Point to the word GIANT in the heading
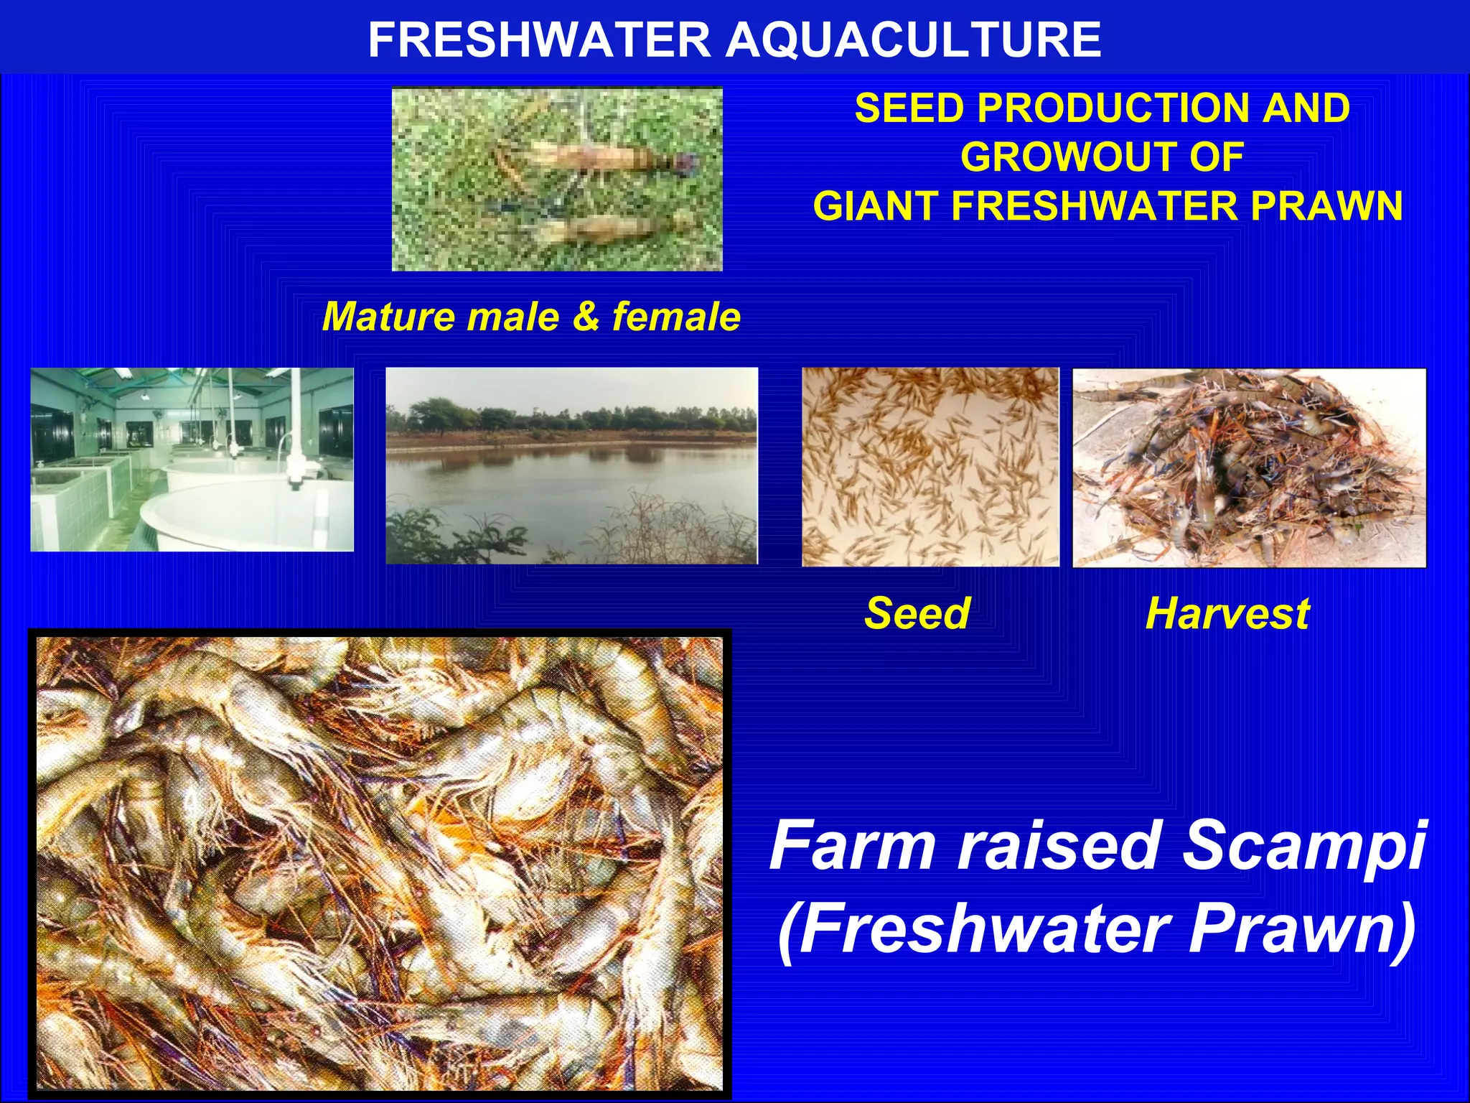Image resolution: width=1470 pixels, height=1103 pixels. [876, 206]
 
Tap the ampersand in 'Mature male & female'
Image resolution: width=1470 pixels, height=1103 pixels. [586, 317]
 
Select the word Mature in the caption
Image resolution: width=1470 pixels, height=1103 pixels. [388, 317]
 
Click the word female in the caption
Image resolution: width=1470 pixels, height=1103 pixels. [675, 317]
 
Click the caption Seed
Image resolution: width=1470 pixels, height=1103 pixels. [917, 613]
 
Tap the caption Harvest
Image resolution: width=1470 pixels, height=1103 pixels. [1227, 613]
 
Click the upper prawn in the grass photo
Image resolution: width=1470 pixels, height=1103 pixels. [589, 159]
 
